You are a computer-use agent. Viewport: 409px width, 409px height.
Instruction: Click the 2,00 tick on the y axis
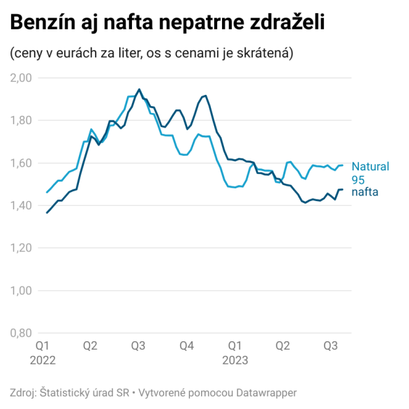click(21, 77)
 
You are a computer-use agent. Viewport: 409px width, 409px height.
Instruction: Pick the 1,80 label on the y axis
click(21, 120)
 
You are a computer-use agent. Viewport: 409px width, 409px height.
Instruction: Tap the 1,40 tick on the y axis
click(21, 205)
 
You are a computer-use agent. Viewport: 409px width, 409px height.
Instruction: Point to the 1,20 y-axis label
click(21, 248)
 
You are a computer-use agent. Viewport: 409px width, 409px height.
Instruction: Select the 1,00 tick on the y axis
click(21, 290)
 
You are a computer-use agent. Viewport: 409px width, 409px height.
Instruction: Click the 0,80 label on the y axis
click(21, 333)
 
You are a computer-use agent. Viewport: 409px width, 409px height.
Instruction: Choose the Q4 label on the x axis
click(186, 345)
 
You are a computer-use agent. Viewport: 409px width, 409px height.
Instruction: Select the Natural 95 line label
click(369, 172)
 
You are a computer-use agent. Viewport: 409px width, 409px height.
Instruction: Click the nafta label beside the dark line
click(364, 192)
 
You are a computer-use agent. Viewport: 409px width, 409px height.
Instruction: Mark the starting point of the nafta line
click(47, 212)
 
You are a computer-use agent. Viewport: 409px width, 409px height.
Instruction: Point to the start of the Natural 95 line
click(47, 192)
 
